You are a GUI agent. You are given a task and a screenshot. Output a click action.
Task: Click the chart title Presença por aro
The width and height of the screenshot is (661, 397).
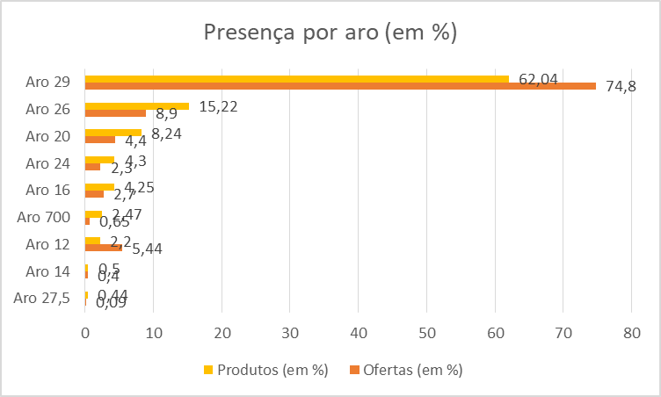coord(330,33)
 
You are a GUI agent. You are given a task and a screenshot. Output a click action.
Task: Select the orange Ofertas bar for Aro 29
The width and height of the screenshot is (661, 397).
coord(340,86)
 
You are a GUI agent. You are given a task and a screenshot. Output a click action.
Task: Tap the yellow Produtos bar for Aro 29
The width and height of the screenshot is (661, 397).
coord(296,79)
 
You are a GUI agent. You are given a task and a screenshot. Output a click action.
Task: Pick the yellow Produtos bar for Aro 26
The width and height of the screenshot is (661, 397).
coord(136,105)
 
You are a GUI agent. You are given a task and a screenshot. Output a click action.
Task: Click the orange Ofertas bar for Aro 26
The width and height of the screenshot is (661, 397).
coord(115,112)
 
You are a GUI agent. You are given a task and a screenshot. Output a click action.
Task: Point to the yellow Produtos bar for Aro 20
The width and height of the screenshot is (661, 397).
coord(113,133)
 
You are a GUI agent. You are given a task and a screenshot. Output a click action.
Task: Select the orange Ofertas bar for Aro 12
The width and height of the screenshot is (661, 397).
coord(103,248)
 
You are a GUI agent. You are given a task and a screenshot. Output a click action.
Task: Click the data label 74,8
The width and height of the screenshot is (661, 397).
coord(621,86)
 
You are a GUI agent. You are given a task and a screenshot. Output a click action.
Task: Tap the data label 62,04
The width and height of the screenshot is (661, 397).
coord(539,79)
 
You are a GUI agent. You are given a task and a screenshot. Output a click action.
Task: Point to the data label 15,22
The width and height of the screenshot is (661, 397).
coord(219,106)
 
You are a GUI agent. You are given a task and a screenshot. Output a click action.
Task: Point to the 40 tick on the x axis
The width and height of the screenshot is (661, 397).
coord(358,333)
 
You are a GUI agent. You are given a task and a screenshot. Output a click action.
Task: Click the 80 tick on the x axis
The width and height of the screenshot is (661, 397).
coord(631,333)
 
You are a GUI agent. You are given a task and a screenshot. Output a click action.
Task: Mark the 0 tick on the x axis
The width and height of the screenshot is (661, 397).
coord(85,333)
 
